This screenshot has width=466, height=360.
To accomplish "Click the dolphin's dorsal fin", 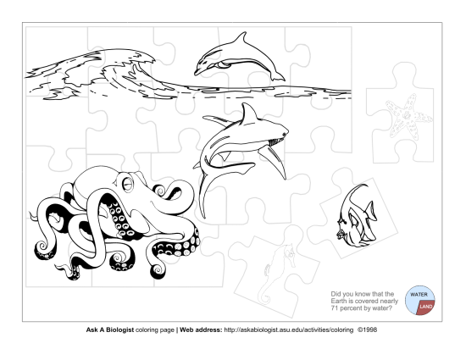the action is pyautogui.click(x=241, y=39).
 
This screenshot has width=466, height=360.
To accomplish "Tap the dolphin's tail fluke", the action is pyautogui.click(x=278, y=77).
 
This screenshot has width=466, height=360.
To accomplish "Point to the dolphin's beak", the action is pyautogui.click(x=197, y=72).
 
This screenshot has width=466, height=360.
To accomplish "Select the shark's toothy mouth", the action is pyautogui.click(x=277, y=141).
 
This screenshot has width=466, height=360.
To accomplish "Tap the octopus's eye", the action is pyautogui.click(x=128, y=184).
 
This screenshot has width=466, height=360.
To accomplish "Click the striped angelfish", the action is pyautogui.click(x=357, y=216).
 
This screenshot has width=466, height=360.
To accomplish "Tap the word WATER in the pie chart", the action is pyautogui.click(x=419, y=295).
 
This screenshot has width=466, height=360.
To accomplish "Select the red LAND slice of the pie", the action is pyautogui.click(x=426, y=307).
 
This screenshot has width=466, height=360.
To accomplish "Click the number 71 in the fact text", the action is pyautogui.click(x=335, y=308).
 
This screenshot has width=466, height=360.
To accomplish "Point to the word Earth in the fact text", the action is pyautogui.click(x=339, y=301).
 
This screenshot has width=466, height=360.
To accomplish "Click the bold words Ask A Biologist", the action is pyautogui.click(x=110, y=330).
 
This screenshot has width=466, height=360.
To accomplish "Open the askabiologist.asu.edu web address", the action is pyautogui.click(x=289, y=330).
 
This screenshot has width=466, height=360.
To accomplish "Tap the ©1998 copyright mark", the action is pyautogui.click(x=368, y=330).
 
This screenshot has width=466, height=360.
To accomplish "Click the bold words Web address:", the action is pyautogui.click(x=201, y=330).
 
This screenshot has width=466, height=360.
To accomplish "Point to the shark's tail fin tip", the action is pyautogui.click(x=204, y=217).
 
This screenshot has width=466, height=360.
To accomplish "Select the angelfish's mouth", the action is pyautogui.click(x=339, y=235).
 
